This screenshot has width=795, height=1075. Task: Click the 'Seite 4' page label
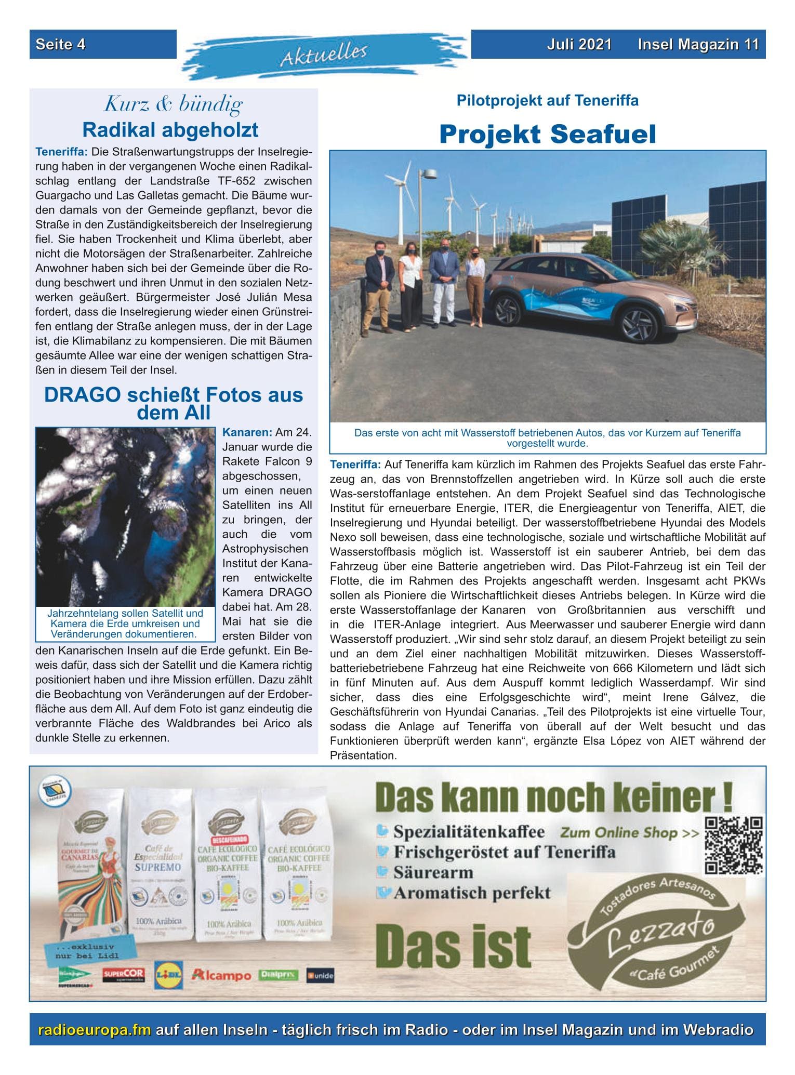click(x=60, y=44)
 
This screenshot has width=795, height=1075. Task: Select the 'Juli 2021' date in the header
click(x=579, y=44)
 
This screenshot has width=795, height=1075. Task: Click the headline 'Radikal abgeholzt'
click(x=170, y=130)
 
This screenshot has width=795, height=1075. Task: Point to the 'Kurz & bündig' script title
click(x=173, y=104)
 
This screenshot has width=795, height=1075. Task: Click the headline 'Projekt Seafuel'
click(x=548, y=134)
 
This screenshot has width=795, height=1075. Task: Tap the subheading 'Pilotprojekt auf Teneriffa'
click(x=548, y=100)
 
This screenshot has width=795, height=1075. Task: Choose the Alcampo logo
click(x=221, y=975)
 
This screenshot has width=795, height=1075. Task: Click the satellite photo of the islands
click(x=125, y=517)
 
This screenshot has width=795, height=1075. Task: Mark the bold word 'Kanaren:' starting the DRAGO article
click(x=247, y=432)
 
